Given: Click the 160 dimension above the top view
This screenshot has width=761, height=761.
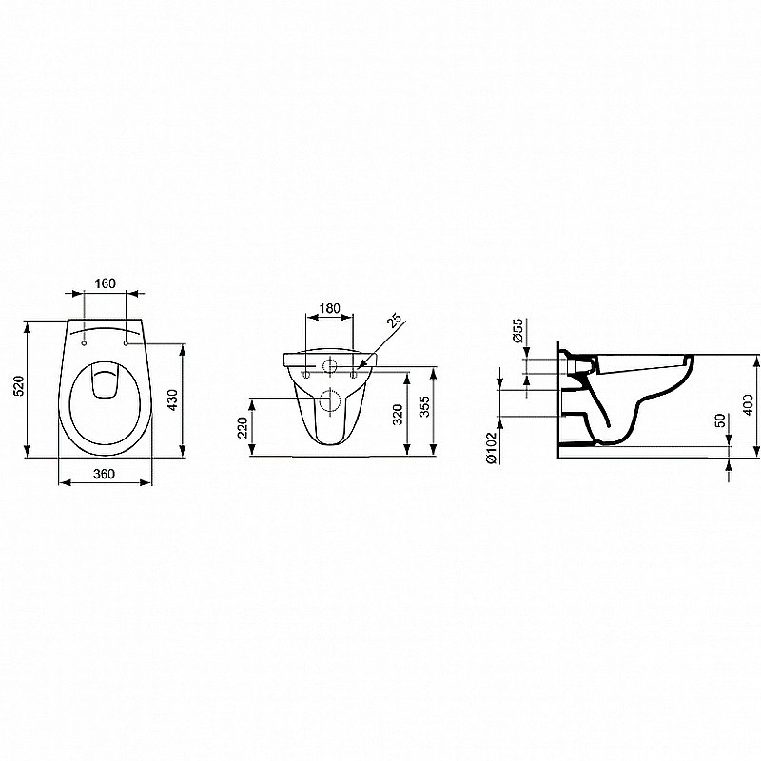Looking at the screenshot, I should coord(105,283).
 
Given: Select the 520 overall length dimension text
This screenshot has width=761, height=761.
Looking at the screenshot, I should coord(17,387).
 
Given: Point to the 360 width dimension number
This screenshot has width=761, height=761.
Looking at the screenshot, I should coord(105,473).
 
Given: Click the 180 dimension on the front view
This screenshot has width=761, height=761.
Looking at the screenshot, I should coord(328,308).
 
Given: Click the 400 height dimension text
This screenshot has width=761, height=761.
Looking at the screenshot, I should coord(748,403).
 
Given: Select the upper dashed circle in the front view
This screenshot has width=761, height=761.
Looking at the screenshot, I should coord(328,367).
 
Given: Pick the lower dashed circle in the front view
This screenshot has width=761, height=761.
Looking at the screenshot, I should coord(328,400).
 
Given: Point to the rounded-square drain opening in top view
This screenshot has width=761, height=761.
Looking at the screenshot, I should coord(105,382).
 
